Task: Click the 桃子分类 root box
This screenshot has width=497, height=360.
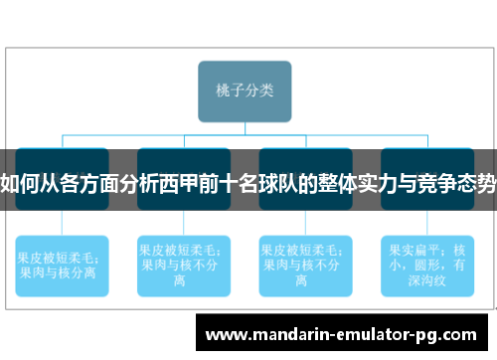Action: tap(246, 90)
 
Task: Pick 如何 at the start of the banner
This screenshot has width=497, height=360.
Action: tap(21, 184)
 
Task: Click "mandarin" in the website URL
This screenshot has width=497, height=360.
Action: tap(278, 334)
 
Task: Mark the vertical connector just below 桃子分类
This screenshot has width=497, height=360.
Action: tap(246, 127)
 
